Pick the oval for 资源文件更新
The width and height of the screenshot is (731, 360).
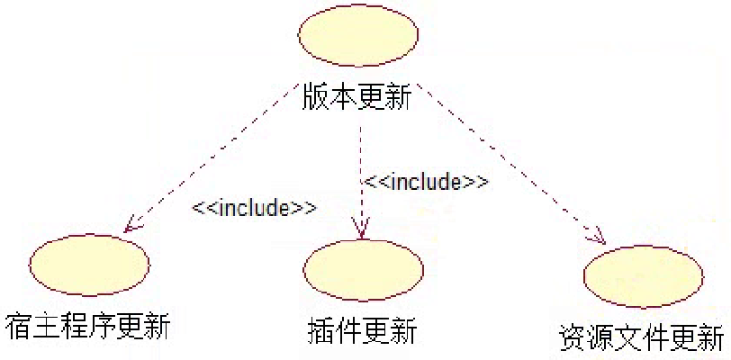point(642,275)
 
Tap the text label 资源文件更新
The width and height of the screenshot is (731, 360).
point(639,338)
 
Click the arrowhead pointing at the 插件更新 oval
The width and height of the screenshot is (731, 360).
point(361,230)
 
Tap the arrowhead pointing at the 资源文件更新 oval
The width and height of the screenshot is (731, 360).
point(595,238)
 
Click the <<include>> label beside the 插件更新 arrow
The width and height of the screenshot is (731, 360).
point(426,182)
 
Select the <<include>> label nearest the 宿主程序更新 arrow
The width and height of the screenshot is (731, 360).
point(254,208)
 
